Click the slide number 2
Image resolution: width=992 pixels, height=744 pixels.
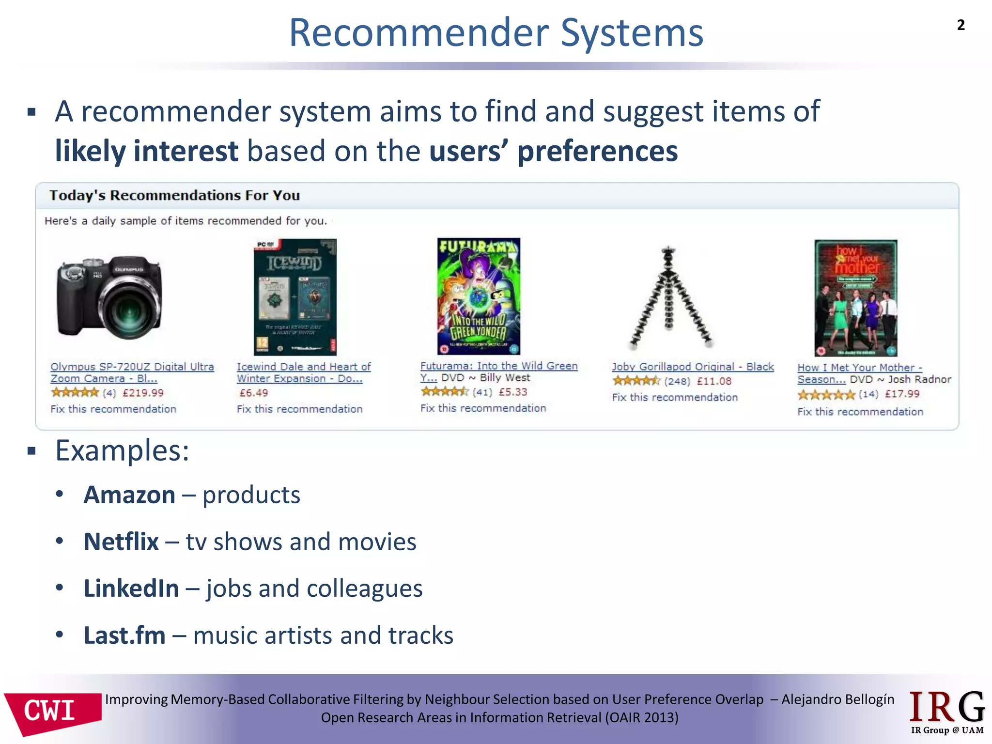(x=961, y=25)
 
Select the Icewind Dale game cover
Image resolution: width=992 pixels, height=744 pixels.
(x=295, y=297)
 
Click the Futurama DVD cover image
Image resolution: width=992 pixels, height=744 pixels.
(x=479, y=296)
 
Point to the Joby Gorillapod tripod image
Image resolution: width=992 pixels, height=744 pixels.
(x=669, y=297)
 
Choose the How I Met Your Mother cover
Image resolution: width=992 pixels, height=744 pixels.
(x=855, y=298)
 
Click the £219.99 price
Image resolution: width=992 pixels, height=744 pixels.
(x=143, y=393)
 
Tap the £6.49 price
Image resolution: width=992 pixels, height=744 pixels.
(x=254, y=393)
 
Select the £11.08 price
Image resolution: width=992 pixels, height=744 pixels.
(x=714, y=381)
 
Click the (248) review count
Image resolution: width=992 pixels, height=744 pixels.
(x=677, y=381)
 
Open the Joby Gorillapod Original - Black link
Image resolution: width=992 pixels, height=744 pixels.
(x=693, y=367)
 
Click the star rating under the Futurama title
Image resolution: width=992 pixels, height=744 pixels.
(x=444, y=391)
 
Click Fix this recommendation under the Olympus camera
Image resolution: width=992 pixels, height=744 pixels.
(x=113, y=409)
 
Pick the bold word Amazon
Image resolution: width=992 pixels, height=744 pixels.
(x=129, y=495)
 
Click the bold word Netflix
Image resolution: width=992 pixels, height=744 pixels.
(x=121, y=542)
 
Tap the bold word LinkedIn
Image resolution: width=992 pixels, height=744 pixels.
(x=131, y=589)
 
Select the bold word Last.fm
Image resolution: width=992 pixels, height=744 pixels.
(x=124, y=635)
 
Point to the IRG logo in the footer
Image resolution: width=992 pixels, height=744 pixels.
(x=947, y=711)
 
